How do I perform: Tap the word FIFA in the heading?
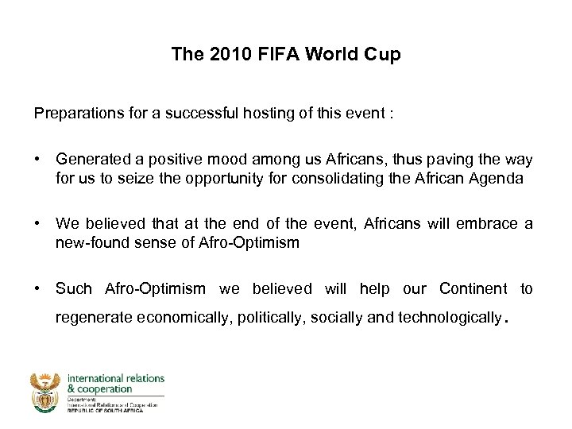coord(272,55)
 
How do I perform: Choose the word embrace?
coord(486,225)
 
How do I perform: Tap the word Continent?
coord(473,288)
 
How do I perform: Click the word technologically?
coord(449,318)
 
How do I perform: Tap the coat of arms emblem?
coord(46,392)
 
